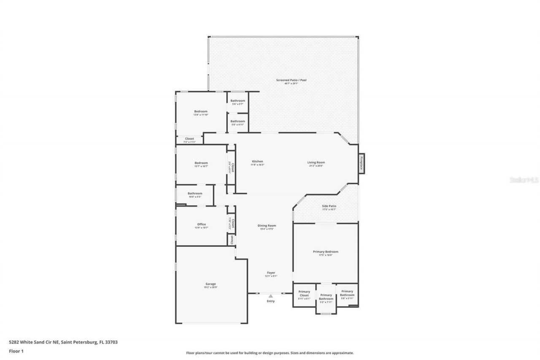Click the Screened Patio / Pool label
tap(288, 80)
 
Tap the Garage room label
tap(211, 284)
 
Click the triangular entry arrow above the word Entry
tap(270, 296)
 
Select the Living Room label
tap(316, 162)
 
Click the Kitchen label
tap(257, 162)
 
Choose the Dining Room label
tap(267, 226)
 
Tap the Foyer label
tap(271, 273)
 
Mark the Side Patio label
tap(329, 206)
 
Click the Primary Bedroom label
tap(325, 252)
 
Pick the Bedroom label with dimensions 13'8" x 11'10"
tap(201, 111)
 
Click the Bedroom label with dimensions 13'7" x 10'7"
tap(201, 163)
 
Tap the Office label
tap(201, 225)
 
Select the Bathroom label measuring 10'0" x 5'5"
tap(195, 194)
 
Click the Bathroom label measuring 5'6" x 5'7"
tap(238, 101)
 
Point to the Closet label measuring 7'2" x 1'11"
tap(189, 139)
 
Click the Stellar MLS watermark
tap(524, 180)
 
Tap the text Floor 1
tap(16, 351)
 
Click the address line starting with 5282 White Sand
tap(63, 342)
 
